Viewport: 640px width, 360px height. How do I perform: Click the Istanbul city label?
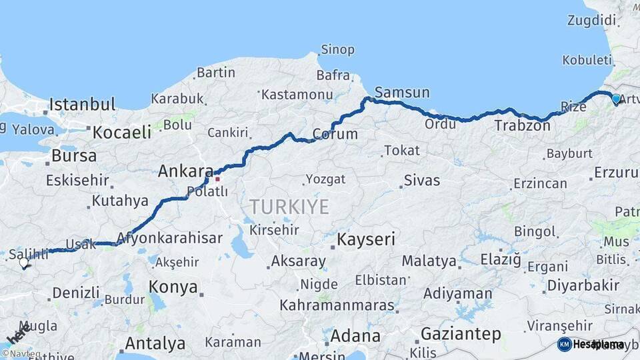[x=83, y=105]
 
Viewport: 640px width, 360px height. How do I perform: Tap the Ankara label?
[x=185, y=171]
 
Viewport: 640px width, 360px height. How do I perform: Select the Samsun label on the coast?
[x=402, y=93]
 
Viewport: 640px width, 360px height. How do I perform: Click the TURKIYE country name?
[x=289, y=207]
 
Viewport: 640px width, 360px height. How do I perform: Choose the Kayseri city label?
[x=366, y=239]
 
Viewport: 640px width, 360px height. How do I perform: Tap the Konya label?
[x=173, y=287]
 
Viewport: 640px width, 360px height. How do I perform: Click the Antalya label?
[x=155, y=344]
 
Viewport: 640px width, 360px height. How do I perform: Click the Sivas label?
[x=422, y=181]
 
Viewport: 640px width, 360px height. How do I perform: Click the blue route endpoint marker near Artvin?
[x=616, y=99]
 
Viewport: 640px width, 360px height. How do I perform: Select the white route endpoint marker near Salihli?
[x=24, y=263]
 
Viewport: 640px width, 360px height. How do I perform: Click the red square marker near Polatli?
[x=217, y=179]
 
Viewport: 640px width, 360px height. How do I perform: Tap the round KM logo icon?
[x=564, y=344]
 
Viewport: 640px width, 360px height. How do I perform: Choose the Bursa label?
[x=74, y=156]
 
